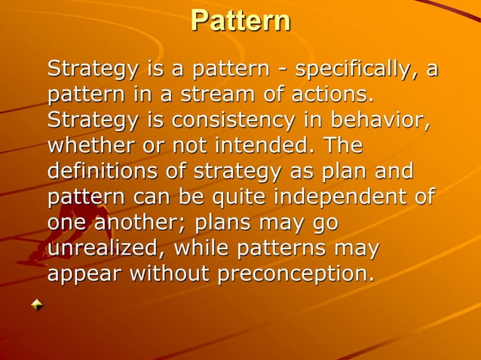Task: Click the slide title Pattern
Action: [240, 20]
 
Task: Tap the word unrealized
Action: [103, 249]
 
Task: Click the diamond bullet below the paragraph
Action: [37, 305]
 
